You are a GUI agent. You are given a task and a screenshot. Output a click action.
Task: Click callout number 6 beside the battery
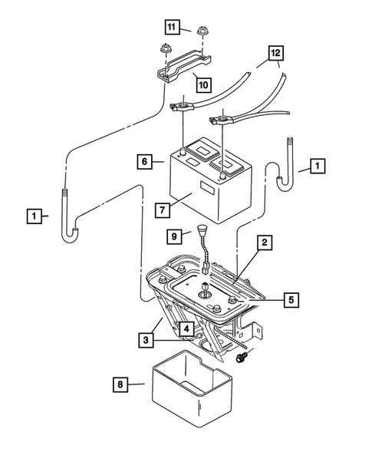[x=143, y=162]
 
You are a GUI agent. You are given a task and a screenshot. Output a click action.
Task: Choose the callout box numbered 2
[x=262, y=243]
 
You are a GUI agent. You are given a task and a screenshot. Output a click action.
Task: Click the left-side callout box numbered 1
[x=33, y=216]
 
